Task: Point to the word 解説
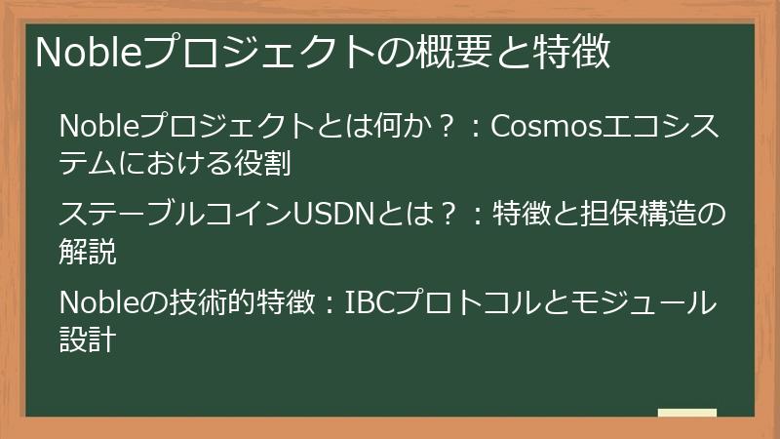88,252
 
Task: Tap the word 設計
88,340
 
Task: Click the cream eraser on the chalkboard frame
686,414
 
